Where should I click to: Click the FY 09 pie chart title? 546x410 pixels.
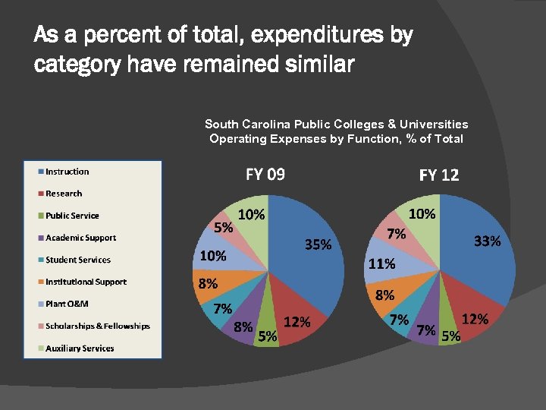[x=265, y=175]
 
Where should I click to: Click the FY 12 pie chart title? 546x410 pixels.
[x=439, y=175]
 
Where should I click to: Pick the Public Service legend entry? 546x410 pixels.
[x=71, y=216]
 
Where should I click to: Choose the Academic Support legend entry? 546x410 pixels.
[x=80, y=238]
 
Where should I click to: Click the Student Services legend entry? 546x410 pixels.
[x=77, y=260]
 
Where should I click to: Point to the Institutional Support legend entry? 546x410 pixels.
[x=85, y=282]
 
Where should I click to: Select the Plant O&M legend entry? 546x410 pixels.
[x=67, y=304]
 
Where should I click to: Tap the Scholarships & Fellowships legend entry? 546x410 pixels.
[x=97, y=326]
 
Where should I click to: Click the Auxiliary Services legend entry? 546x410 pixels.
[x=79, y=348]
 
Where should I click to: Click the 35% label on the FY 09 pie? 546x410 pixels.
[x=318, y=244]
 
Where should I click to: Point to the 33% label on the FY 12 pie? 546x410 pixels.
[x=487, y=241]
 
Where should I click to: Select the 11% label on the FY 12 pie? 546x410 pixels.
[x=381, y=264]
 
